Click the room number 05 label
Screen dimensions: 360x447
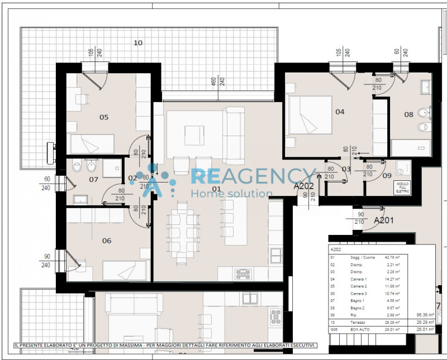tap(104, 117)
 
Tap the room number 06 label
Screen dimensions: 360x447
tap(107, 241)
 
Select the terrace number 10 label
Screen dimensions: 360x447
tap(138, 42)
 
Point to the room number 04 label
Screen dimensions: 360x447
tap(340, 112)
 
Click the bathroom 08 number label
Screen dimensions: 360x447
tap(409, 114)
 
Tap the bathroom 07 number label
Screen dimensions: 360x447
tap(93, 180)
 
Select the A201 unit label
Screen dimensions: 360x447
tap(384, 220)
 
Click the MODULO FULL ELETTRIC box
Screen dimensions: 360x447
tap(402, 188)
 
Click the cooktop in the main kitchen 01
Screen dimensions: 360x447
tap(243, 273)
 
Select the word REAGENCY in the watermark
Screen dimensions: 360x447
tap(254, 176)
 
